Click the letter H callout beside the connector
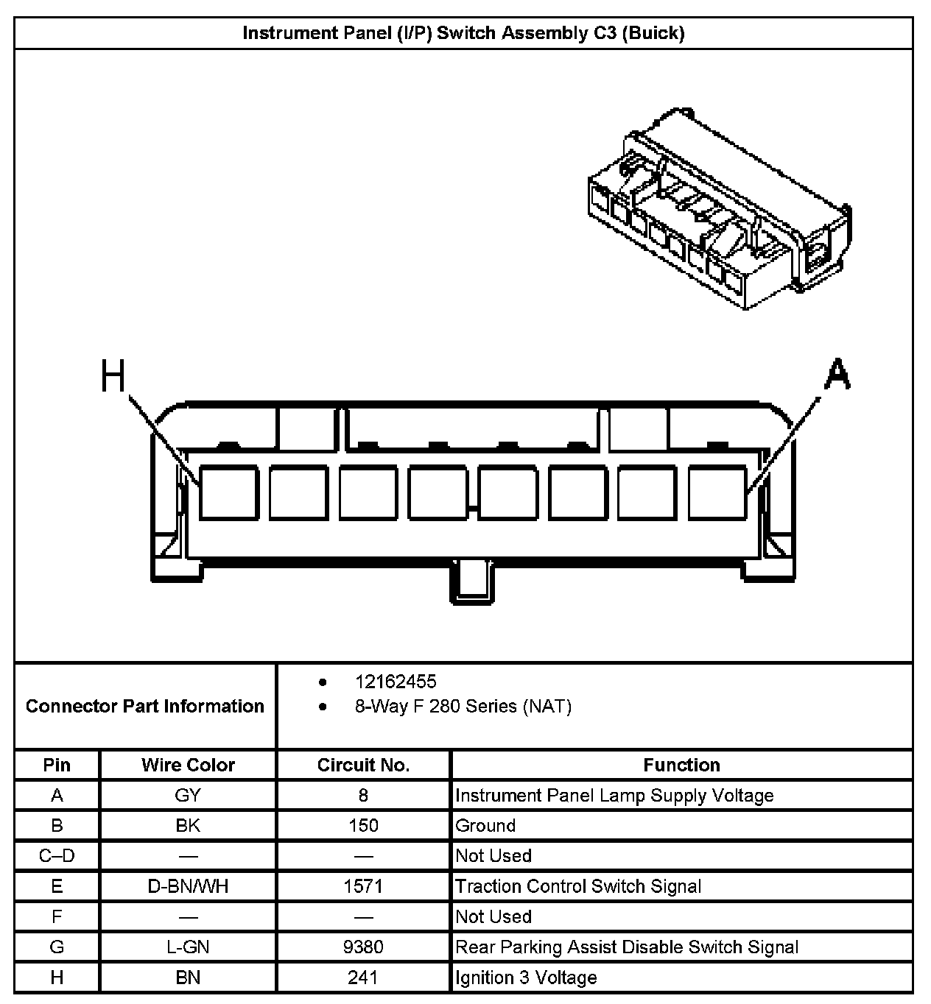click(x=113, y=377)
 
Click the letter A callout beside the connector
click(x=837, y=374)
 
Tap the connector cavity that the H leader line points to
click(x=228, y=492)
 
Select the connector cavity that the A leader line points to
click(x=717, y=492)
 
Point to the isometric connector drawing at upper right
click(x=717, y=211)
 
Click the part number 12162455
click(x=396, y=682)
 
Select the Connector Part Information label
click(x=144, y=706)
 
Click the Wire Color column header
click(x=188, y=765)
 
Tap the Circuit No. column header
click(x=363, y=765)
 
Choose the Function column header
click(x=681, y=765)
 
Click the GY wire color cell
click(x=188, y=796)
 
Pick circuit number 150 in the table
click(x=363, y=826)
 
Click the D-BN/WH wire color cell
click(x=188, y=886)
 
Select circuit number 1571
click(x=363, y=886)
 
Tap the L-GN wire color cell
click(x=188, y=947)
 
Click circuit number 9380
click(x=363, y=947)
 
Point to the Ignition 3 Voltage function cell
click(x=526, y=978)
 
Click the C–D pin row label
click(x=57, y=856)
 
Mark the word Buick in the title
click(x=653, y=33)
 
